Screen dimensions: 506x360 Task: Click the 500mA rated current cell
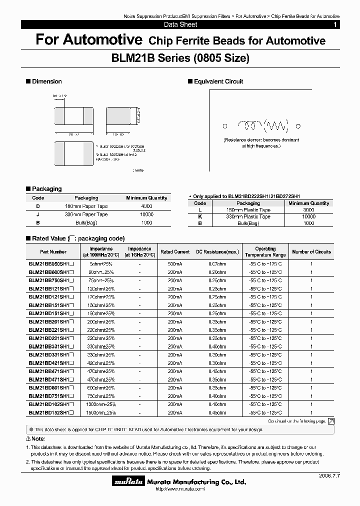pos(175,263)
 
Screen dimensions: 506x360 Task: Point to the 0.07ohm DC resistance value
pos(217,263)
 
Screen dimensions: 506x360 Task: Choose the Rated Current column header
pos(175,252)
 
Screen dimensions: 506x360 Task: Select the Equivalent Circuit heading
pos(218,81)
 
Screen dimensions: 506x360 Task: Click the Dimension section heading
pos(46,81)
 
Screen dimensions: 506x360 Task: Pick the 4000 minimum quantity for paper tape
pos(146,206)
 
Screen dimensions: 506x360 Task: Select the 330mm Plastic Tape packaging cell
pos(248,216)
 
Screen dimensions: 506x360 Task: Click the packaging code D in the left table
pos(38,206)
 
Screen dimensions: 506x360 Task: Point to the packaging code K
pos(200,216)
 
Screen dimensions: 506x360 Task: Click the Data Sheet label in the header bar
pos(180,24)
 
